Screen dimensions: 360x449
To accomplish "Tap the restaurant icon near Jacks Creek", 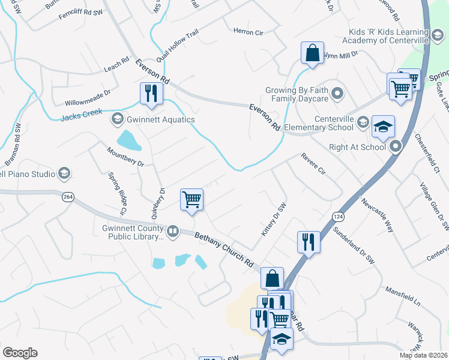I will (x=149, y=94).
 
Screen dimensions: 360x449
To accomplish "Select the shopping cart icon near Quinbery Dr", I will (x=191, y=199).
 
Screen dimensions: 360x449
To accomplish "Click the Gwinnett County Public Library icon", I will (x=173, y=230).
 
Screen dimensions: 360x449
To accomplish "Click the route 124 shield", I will (x=337, y=215).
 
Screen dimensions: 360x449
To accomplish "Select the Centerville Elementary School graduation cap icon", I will (x=383, y=127).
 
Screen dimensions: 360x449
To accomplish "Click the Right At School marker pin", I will (x=396, y=146).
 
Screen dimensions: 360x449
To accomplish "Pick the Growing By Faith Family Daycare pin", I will (x=337, y=94).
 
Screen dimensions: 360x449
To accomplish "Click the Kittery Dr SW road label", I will (x=273, y=218).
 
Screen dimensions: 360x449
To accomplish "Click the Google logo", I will (x=20, y=352).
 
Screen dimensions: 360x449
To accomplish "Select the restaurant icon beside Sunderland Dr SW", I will (x=309, y=242).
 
